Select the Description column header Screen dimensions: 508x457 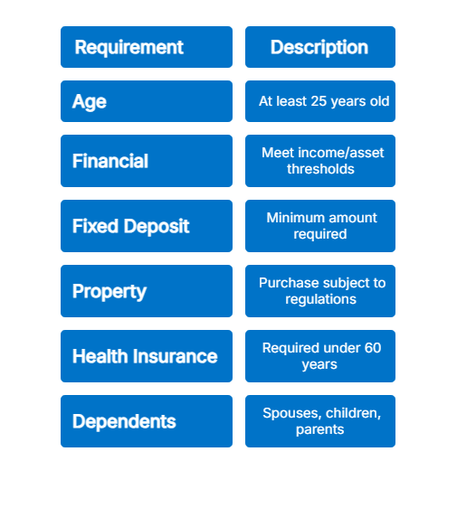point(319,47)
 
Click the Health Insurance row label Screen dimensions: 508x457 point(146,356)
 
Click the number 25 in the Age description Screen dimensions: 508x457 point(319,101)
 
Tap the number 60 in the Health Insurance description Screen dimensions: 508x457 point(373,348)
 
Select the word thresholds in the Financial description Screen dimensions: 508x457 point(320,169)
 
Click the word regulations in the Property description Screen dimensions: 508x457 point(320,299)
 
